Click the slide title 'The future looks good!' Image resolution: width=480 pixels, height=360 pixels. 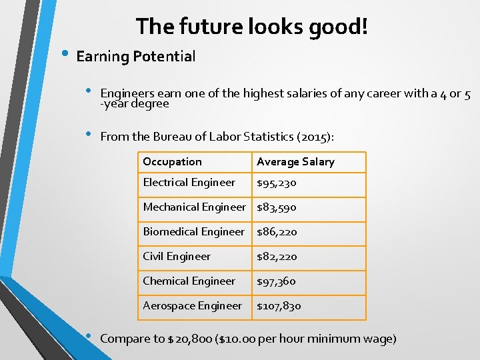pyautogui.click(x=252, y=27)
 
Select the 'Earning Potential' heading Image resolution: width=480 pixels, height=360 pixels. pyautogui.click(x=136, y=57)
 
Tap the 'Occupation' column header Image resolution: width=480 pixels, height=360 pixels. pyautogui.click(x=172, y=162)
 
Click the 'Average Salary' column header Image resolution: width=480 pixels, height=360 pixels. pyautogui.click(x=295, y=162)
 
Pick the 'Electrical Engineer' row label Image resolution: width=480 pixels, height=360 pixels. pyautogui.click(x=189, y=183)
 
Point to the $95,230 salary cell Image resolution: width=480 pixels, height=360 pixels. pyautogui.click(x=277, y=183)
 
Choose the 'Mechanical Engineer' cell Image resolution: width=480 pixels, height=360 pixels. pyautogui.click(x=194, y=207)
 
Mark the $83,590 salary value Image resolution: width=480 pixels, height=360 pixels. pyautogui.click(x=277, y=208)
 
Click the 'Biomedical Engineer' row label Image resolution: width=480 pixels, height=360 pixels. pyautogui.click(x=193, y=232)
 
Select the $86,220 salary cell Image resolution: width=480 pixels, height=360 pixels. pyautogui.click(x=277, y=233)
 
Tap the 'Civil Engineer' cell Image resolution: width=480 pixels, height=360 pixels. pyautogui.click(x=177, y=257)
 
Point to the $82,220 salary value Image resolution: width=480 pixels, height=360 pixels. pyautogui.click(x=277, y=257)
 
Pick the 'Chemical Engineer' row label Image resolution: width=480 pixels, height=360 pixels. pyautogui.click(x=189, y=281)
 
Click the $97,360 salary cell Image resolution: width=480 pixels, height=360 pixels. pyautogui.click(x=277, y=282)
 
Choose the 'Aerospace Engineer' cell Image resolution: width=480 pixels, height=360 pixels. pyautogui.click(x=192, y=306)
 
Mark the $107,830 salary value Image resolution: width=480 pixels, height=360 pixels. pyautogui.click(x=279, y=307)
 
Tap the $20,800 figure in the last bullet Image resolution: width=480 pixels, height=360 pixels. pyautogui.click(x=193, y=339)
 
